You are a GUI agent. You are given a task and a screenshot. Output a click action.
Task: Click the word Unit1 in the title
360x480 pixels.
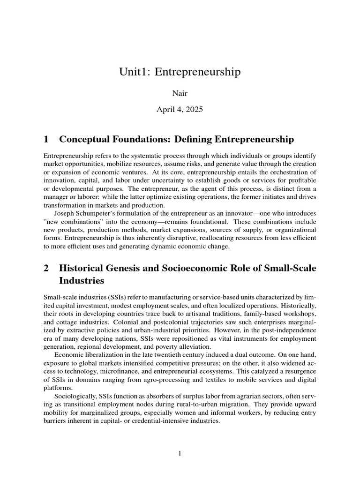[134, 72]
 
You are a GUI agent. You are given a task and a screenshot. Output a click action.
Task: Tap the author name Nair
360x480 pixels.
[180, 94]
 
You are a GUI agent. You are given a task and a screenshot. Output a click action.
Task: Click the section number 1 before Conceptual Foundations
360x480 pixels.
[46, 139]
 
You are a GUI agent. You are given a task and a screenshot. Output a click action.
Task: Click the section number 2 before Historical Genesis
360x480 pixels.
[46, 269]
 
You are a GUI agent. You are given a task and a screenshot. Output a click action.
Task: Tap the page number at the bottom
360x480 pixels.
[180, 453]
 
